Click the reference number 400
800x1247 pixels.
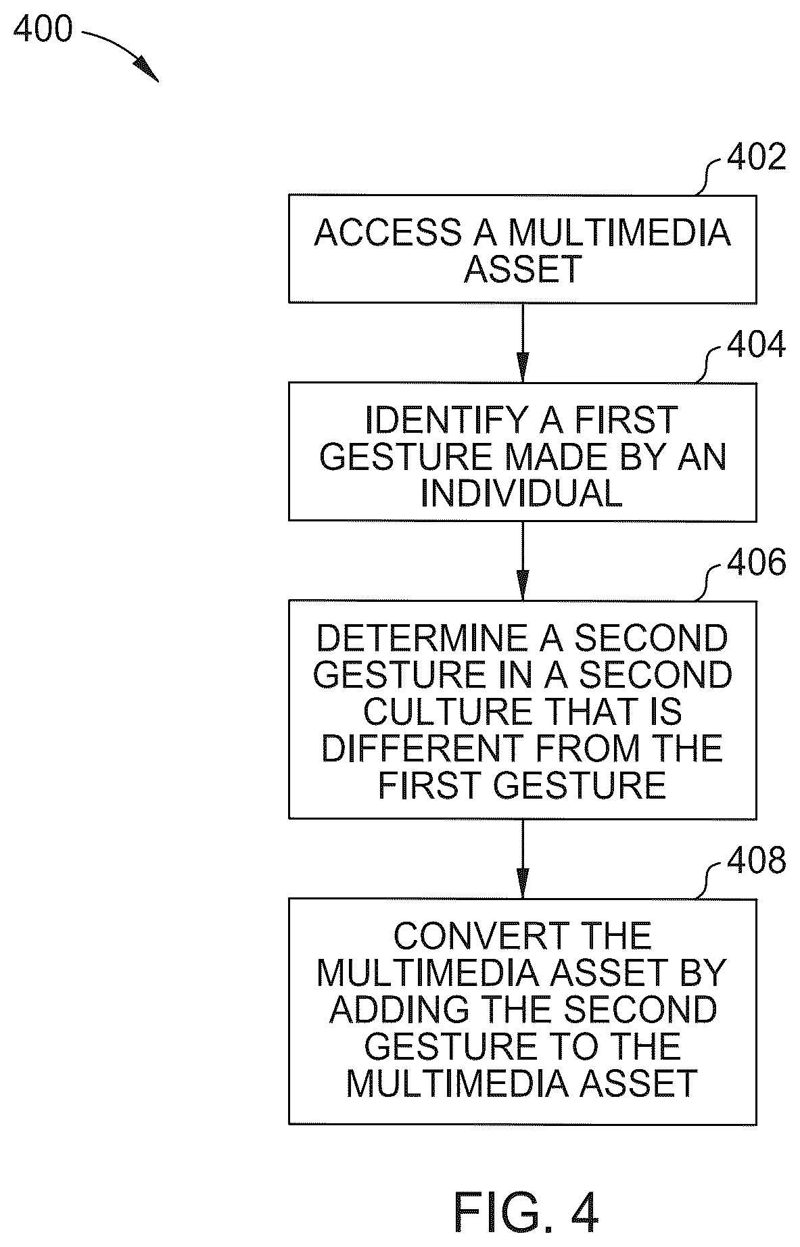pyautogui.click(x=42, y=30)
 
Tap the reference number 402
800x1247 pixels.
pyautogui.click(x=756, y=158)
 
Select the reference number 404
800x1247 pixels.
pyautogui.click(x=756, y=344)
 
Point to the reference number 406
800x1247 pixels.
pyautogui.click(x=756, y=562)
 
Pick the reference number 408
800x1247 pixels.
pyautogui.click(x=756, y=861)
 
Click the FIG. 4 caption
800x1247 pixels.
pyautogui.click(x=525, y=1213)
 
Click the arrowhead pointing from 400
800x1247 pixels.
pyautogui.click(x=147, y=68)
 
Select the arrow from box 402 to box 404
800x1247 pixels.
pyautogui.click(x=522, y=342)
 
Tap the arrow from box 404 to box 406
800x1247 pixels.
pyautogui.click(x=522, y=560)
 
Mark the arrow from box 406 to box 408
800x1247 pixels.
pyautogui.click(x=522, y=858)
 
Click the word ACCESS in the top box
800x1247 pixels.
pyautogui.click(x=387, y=233)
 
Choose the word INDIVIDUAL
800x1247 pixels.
pyautogui.click(x=521, y=493)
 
